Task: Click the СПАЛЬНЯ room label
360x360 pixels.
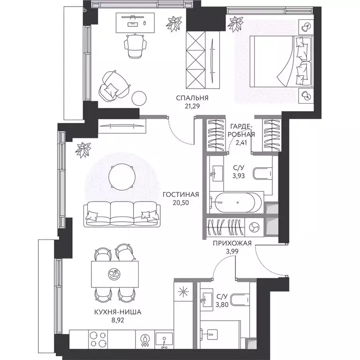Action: point(192,98)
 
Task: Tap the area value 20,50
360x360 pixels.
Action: point(180,202)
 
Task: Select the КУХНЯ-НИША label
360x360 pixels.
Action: point(118,312)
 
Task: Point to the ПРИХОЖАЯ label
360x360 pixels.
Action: point(232,243)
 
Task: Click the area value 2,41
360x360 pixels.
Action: point(241,142)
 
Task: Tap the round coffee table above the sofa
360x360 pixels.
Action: point(122,177)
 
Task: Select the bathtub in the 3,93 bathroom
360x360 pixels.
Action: point(236,202)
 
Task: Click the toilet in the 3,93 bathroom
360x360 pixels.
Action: point(262,173)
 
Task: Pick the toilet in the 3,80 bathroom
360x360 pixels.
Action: point(240,300)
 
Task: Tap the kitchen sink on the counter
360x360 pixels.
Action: point(164,340)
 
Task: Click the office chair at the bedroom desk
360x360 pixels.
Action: point(135,45)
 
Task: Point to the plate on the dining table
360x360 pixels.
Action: point(114,274)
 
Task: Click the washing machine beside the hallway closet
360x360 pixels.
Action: point(254,227)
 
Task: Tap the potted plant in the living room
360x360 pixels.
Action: point(83,150)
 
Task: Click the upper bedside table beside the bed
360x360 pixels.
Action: point(306,27)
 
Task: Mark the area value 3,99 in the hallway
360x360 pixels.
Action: point(232,251)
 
